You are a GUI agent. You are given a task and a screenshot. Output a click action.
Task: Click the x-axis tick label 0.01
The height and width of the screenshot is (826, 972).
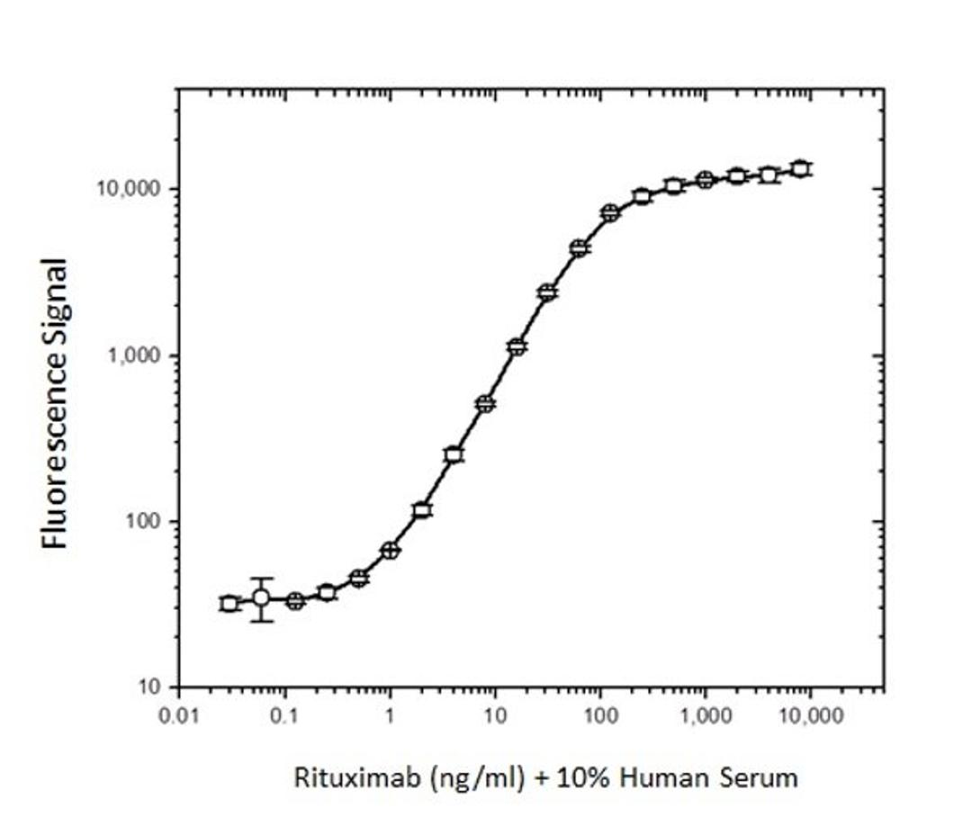point(178,716)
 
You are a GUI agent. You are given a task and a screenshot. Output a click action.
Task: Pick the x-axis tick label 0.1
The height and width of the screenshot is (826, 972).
point(285,716)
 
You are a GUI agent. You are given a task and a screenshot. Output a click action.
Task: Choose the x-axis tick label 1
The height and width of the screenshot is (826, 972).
point(390,716)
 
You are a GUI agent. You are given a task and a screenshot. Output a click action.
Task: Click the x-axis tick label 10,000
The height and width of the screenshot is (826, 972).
point(810,716)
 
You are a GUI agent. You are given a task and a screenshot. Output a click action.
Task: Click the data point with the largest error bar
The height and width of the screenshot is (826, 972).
point(261,598)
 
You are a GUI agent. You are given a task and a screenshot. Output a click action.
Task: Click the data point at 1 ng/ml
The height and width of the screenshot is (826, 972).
point(390,551)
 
